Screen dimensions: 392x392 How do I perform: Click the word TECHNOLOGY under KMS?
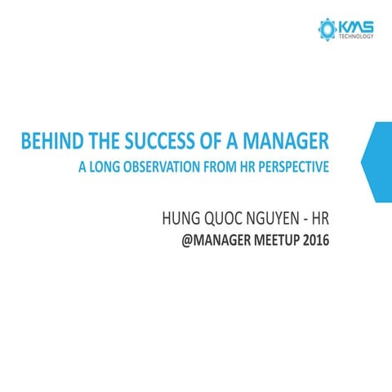(358, 38)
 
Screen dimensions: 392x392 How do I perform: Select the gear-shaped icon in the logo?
(327, 30)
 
